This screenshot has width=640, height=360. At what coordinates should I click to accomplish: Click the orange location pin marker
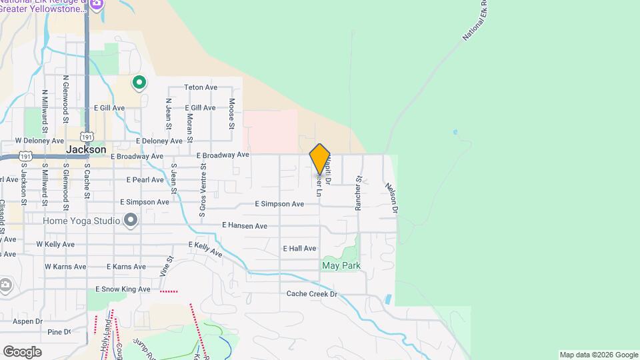pyautogui.click(x=320, y=159)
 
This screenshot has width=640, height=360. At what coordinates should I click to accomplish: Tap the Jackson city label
pyautogui.click(x=86, y=149)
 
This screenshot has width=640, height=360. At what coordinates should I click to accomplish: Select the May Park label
pyautogui.click(x=341, y=265)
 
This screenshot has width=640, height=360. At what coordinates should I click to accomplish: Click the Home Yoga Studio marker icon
pyautogui.click(x=131, y=219)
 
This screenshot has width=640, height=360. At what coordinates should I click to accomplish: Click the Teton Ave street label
pyautogui.click(x=201, y=87)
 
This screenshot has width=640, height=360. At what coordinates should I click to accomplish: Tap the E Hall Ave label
pyautogui.click(x=299, y=248)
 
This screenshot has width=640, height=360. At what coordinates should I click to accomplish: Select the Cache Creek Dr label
pyautogui.click(x=312, y=293)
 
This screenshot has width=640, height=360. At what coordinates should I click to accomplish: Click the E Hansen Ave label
pyautogui.click(x=245, y=226)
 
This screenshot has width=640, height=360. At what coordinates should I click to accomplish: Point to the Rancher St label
pyautogui.click(x=358, y=193)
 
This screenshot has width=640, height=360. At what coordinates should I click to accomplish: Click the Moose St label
pyautogui.click(x=232, y=113)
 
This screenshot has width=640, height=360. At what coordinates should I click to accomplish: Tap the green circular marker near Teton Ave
pyautogui.click(x=139, y=83)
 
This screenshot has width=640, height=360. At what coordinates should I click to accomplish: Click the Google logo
pyautogui.click(x=22, y=351)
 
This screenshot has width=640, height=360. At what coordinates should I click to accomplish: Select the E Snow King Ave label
pyautogui.click(x=125, y=289)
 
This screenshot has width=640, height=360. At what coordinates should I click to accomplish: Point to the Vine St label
pyautogui.click(x=167, y=266)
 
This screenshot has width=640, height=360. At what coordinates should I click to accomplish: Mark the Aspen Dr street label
pyautogui.click(x=27, y=321)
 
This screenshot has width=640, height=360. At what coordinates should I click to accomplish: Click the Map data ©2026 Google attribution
pyautogui.click(x=598, y=355)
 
